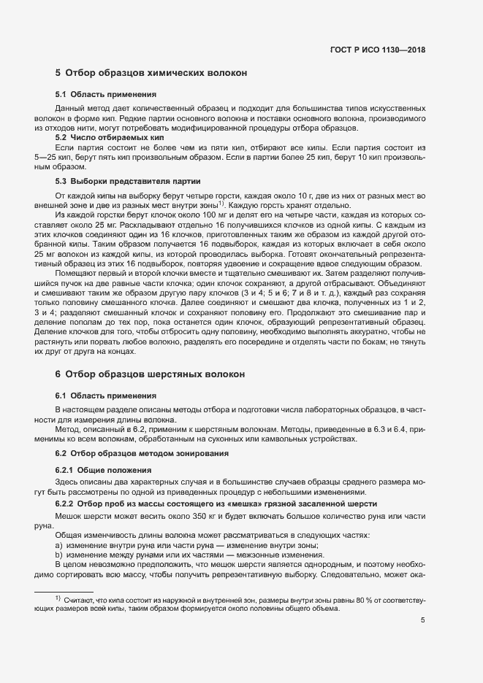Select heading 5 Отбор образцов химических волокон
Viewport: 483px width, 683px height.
(151, 73)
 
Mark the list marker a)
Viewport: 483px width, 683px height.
(59, 546)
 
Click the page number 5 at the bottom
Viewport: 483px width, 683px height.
(423, 621)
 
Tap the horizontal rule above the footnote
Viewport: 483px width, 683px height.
(64, 590)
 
